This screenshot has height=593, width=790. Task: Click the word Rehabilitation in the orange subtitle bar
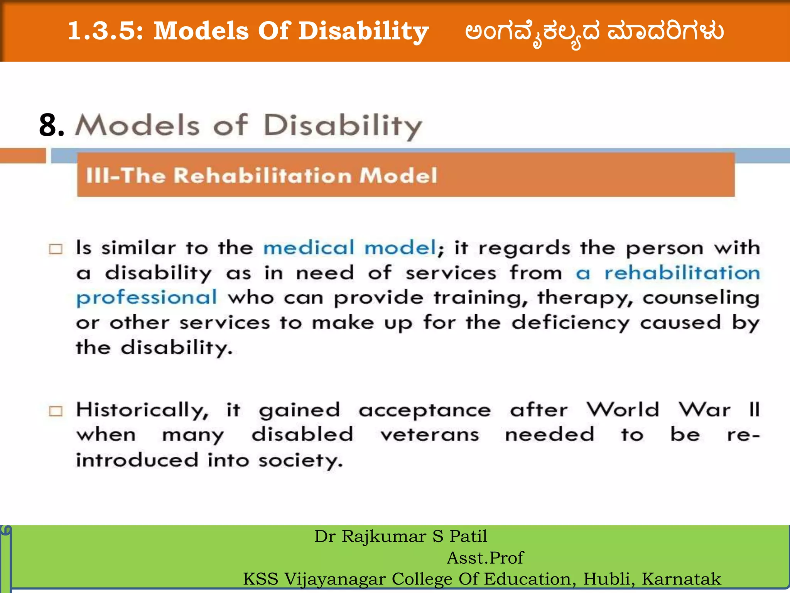(262, 176)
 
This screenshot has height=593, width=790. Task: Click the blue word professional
(147, 298)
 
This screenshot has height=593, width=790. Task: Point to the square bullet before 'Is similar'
(56, 249)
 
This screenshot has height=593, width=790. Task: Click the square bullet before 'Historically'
(56, 411)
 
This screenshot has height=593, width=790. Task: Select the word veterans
(430, 435)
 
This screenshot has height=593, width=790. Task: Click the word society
(300, 461)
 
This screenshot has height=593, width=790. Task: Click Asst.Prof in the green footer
(485, 557)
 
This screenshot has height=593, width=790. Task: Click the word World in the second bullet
(623, 410)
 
